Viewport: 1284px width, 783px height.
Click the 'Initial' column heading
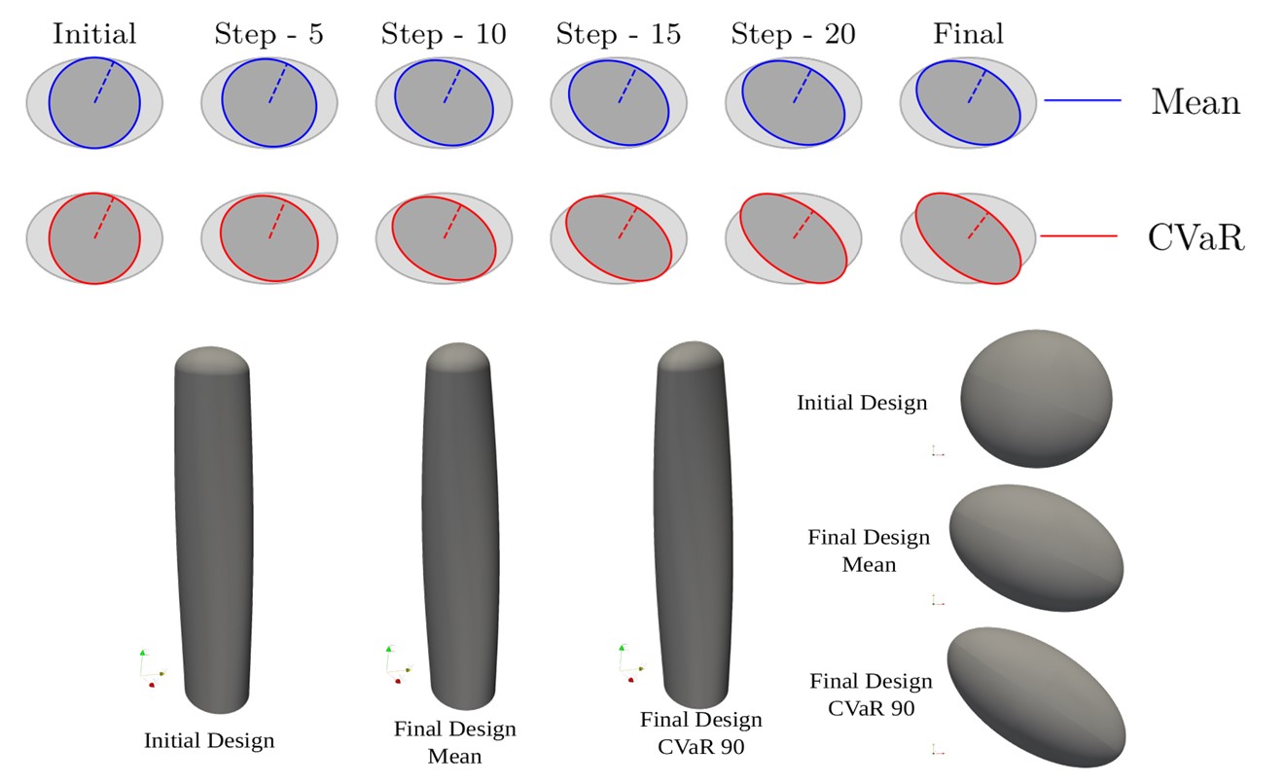pyautogui.click(x=94, y=34)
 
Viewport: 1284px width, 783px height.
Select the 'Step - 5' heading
pyautogui.click(x=268, y=34)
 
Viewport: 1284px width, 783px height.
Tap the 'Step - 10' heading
pyautogui.click(x=444, y=34)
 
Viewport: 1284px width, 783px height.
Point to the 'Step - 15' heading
pyautogui.click(x=619, y=34)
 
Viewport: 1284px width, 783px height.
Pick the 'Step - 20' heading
pyautogui.click(x=794, y=34)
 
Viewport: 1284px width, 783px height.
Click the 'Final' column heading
pyautogui.click(x=968, y=34)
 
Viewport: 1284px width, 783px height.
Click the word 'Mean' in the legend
pyautogui.click(x=1195, y=101)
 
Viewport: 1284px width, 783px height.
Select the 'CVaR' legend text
pyautogui.click(x=1195, y=237)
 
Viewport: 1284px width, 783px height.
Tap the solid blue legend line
pyautogui.click(x=1083, y=100)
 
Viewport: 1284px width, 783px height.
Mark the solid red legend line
pyautogui.click(x=1079, y=236)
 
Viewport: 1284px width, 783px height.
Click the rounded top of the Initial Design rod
pyautogui.click(x=212, y=359)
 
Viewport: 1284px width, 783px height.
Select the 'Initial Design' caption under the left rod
pyautogui.click(x=209, y=740)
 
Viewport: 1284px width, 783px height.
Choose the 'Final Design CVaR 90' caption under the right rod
pyautogui.click(x=701, y=732)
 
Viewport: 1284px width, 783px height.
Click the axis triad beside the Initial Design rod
pyautogui.click(x=150, y=667)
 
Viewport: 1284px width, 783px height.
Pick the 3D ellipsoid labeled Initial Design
pyautogui.click(x=1036, y=399)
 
